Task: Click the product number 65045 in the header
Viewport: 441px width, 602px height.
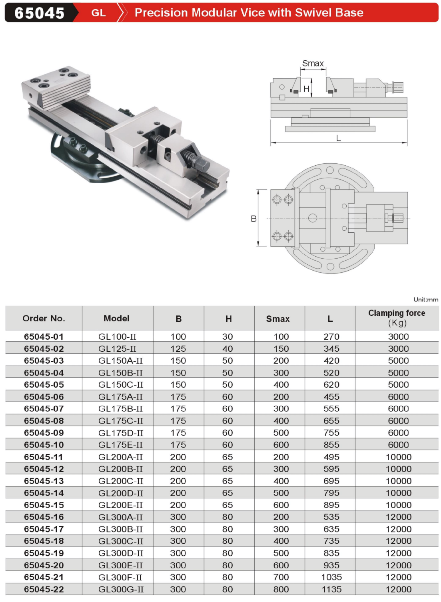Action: [39, 13]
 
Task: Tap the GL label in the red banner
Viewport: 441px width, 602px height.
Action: [98, 13]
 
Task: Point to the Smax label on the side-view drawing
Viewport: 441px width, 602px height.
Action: [313, 63]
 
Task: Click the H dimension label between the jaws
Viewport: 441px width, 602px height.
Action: [306, 89]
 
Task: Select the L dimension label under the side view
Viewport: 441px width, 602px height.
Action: [339, 138]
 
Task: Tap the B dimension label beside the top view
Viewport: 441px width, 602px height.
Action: [253, 218]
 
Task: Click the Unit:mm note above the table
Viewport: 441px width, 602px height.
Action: [426, 299]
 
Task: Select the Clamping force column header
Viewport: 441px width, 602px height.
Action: [397, 318]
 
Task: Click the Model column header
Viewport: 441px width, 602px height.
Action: [116, 318]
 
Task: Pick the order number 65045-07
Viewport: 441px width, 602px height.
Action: [44, 409]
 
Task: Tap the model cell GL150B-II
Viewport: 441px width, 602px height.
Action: [120, 373]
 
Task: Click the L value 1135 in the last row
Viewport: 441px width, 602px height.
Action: [331, 589]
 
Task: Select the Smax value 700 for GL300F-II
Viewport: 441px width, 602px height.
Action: [281, 577]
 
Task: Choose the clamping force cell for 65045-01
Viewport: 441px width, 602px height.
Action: [398, 337]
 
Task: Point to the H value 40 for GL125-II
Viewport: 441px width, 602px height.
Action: [227, 349]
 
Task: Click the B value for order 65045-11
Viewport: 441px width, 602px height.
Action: [178, 457]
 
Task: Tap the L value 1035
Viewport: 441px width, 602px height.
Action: [331, 577]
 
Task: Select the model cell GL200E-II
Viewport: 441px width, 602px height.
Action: [120, 505]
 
